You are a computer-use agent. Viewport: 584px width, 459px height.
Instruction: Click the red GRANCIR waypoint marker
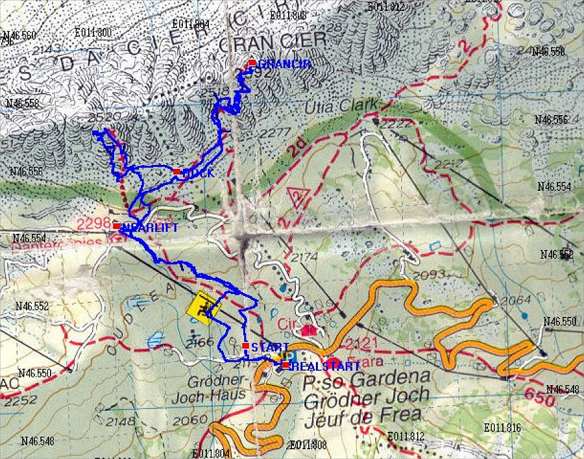(x=252, y=63)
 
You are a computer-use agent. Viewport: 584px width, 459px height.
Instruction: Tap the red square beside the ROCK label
(x=176, y=171)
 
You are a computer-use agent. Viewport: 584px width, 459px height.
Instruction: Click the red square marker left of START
(x=245, y=345)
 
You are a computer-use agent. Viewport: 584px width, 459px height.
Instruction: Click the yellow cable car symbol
(x=203, y=306)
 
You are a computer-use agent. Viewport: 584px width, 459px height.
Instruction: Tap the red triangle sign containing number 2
(x=297, y=196)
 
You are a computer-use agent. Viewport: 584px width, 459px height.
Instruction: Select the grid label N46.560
(x=19, y=35)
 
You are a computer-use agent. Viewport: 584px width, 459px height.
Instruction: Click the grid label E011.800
(x=93, y=32)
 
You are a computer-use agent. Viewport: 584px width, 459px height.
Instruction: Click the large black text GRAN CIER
(x=271, y=43)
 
